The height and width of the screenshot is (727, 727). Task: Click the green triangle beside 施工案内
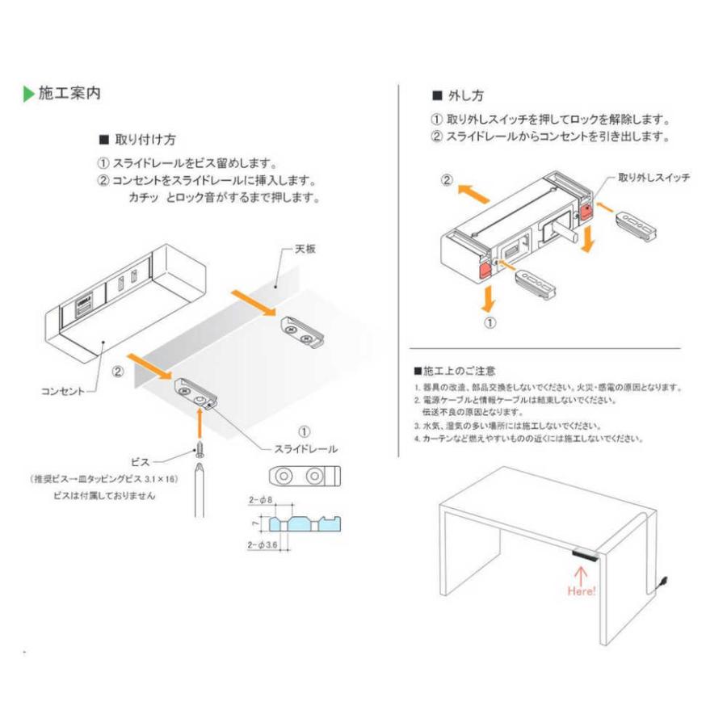pyautogui.click(x=28, y=94)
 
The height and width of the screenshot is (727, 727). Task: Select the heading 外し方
pyautogui.click(x=465, y=95)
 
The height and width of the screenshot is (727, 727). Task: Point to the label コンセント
pyautogui.click(x=63, y=391)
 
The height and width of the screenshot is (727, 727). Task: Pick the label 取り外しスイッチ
pyautogui.click(x=653, y=177)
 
